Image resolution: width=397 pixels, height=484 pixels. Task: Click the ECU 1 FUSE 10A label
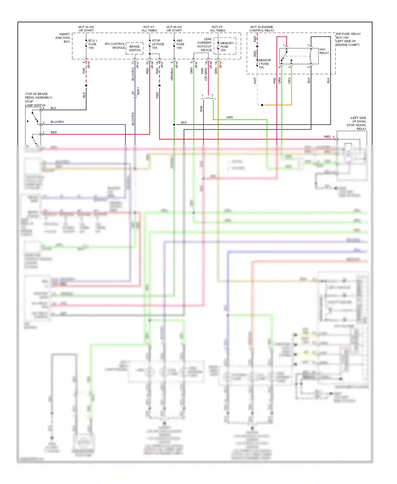pos(92,44)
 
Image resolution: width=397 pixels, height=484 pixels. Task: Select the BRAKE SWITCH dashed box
pos(135,48)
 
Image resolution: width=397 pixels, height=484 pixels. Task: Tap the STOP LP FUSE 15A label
pos(158,44)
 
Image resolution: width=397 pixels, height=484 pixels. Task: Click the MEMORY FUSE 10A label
pos(227,47)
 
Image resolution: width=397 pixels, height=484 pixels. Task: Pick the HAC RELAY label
pos(324,51)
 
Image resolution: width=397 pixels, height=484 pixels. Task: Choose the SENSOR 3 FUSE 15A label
pos(264,64)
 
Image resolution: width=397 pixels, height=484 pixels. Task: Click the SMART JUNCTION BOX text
pos(63,38)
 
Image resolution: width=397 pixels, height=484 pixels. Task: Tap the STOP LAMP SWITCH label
pos(35,104)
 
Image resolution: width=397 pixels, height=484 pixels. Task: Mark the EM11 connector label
pos(138,91)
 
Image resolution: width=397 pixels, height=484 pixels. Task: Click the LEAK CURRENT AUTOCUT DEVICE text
pos(204,44)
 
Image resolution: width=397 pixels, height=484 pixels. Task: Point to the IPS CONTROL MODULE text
pos(115,46)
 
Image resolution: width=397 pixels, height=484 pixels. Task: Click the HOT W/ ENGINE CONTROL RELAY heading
pos(261,29)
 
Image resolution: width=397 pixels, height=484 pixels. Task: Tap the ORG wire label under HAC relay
pos(289,80)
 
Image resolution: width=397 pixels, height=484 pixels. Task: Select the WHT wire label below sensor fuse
pos(255,81)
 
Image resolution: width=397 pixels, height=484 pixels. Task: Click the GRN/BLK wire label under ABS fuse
pos(172,74)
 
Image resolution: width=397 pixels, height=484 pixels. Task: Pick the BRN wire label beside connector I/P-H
pos(216,71)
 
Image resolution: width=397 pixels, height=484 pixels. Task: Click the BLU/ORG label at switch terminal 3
pos(57,122)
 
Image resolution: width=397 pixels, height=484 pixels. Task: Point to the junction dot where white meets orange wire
pos(262,105)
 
